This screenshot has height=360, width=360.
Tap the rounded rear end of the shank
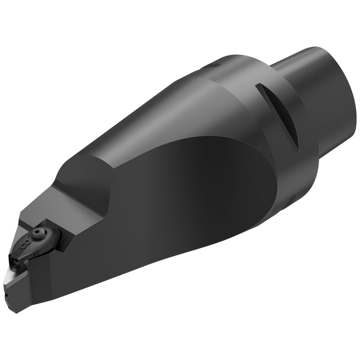point(338,86)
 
